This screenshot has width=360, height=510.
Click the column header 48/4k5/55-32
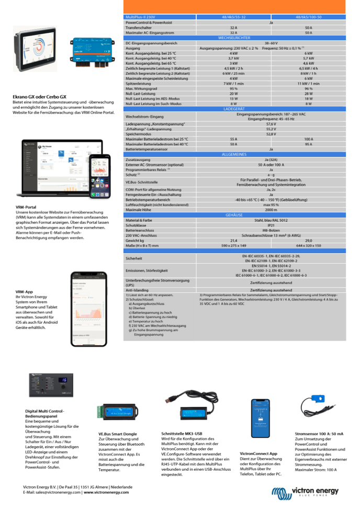[x=233, y=17]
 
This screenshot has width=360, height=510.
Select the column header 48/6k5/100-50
[x=308, y=17]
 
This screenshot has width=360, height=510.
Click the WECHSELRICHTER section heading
[x=234, y=38]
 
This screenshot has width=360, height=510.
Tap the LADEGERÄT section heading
[x=234, y=108]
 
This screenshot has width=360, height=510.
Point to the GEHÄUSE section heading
[x=234, y=215]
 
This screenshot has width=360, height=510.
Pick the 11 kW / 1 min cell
[x=308, y=84]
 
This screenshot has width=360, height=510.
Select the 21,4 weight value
[x=233, y=240]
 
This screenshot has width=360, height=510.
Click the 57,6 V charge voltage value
[x=271, y=124]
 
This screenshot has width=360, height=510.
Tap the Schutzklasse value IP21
[x=271, y=225]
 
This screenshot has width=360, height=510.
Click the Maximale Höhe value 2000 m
[x=271, y=210]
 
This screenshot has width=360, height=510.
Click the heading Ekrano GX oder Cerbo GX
[x=39, y=97]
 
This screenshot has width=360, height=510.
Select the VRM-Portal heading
[x=26, y=208]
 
